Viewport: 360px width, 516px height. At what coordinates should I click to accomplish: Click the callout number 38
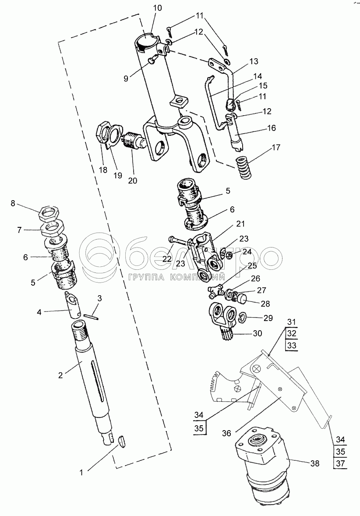[x=315, y=463]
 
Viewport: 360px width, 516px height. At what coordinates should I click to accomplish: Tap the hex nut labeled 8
[x=49, y=214]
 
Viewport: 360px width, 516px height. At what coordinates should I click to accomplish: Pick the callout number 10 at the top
[x=158, y=8]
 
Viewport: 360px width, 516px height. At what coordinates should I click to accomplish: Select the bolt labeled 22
[x=179, y=240]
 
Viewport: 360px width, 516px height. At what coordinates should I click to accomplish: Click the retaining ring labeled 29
[x=242, y=317]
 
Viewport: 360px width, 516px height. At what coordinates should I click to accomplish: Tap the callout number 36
[x=226, y=433]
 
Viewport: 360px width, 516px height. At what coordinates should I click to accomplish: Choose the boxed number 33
[x=292, y=345]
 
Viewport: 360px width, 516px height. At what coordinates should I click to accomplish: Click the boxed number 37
[x=341, y=463]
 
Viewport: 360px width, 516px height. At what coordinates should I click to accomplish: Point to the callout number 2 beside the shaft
[x=60, y=375]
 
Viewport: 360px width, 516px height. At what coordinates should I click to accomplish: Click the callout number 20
[x=133, y=180]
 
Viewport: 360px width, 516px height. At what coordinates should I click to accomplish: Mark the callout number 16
[x=272, y=128]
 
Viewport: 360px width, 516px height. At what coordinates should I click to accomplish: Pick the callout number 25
[x=253, y=266]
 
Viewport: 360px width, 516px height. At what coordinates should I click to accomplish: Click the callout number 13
[x=254, y=61]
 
